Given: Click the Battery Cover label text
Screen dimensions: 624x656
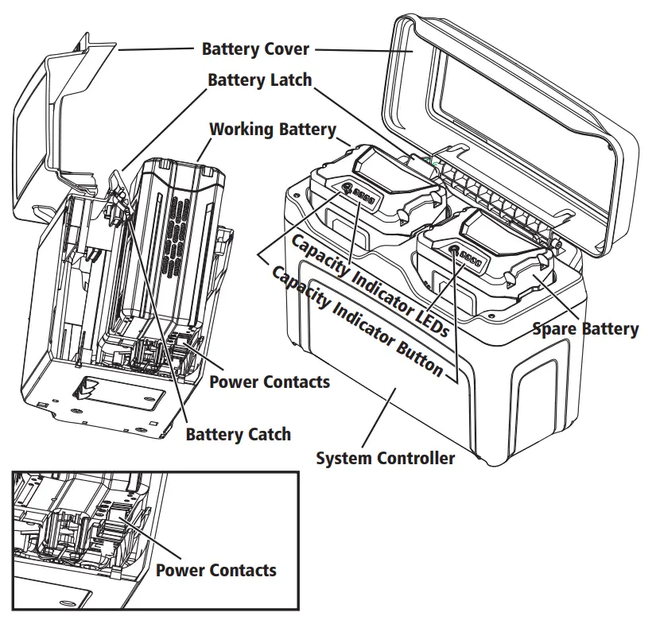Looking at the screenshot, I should (x=255, y=49).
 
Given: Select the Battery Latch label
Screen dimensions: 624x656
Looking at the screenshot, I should (x=259, y=80).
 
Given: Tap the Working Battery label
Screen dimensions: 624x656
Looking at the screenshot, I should (x=273, y=129).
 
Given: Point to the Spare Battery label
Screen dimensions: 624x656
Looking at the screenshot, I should (x=585, y=328).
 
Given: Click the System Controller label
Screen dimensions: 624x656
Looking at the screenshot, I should (x=386, y=458).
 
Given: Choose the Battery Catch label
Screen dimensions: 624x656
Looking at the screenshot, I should (x=238, y=434).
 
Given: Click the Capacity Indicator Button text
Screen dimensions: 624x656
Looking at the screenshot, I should (x=357, y=320).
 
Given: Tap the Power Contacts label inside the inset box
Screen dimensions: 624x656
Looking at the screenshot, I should (x=215, y=570).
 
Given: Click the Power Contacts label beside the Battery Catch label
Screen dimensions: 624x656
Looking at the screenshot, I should (x=269, y=382).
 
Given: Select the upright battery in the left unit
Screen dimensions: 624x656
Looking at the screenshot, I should (x=179, y=238).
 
